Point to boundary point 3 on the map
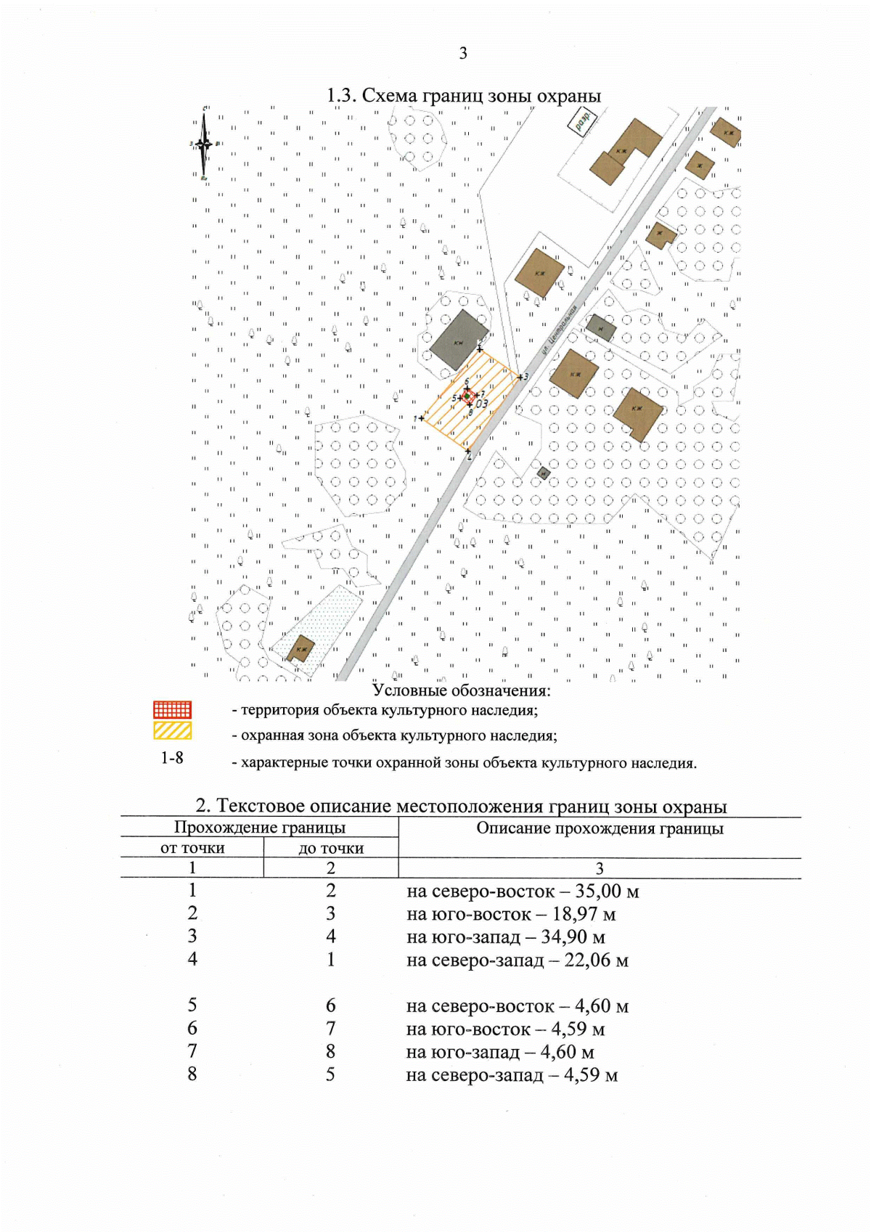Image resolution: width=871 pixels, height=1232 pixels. (x=521, y=377)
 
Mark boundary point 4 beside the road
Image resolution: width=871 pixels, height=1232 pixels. (x=468, y=452)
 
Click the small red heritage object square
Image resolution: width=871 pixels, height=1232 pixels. (x=468, y=397)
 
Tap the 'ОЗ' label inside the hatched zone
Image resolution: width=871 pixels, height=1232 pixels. (x=482, y=404)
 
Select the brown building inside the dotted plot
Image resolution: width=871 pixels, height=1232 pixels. (x=300, y=648)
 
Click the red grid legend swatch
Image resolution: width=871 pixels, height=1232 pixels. (x=172, y=709)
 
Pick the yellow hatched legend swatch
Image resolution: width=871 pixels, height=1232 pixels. (x=172, y=731)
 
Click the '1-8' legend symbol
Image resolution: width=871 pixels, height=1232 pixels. (x=172, y=758)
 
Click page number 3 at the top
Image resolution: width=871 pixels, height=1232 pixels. (x=463, y=53)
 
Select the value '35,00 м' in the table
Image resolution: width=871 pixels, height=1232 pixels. (x=607, y=891)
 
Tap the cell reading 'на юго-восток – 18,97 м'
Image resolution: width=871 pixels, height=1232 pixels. (x=511, y=914)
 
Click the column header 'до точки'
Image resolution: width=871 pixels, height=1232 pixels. (x=331, y=848)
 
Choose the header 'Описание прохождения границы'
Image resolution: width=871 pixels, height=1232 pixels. (x=600, y=828)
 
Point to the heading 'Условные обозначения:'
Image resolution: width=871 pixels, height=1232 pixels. (x=462, y=690)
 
